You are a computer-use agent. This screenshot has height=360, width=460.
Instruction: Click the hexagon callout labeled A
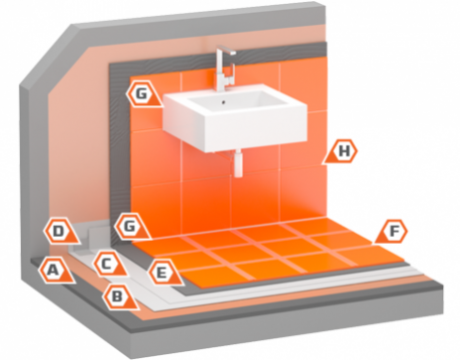[53, 271]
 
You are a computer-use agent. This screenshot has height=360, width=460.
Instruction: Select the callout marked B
[117, 297]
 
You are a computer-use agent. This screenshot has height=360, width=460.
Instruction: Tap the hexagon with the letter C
[107, 264]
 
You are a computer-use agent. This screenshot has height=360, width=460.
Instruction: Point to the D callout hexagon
[58, 231]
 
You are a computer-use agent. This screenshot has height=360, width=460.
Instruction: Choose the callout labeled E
[162, 273]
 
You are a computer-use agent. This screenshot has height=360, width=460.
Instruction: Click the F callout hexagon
[394, 231]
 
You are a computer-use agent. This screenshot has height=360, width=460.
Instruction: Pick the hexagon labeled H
[344, 151]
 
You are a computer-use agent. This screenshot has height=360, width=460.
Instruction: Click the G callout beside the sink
[141, 93]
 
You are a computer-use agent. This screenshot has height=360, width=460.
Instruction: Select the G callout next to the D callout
[130, 226]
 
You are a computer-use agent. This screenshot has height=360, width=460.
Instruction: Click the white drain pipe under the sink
[238, 163]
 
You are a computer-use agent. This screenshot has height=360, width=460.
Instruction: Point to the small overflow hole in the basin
[224, 102]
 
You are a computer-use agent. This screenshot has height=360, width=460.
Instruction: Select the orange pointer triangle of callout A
[67, 276]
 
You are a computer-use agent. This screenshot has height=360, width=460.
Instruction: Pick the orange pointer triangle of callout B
[132, 302]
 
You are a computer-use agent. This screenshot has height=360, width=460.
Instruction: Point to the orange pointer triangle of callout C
[120, 269]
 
